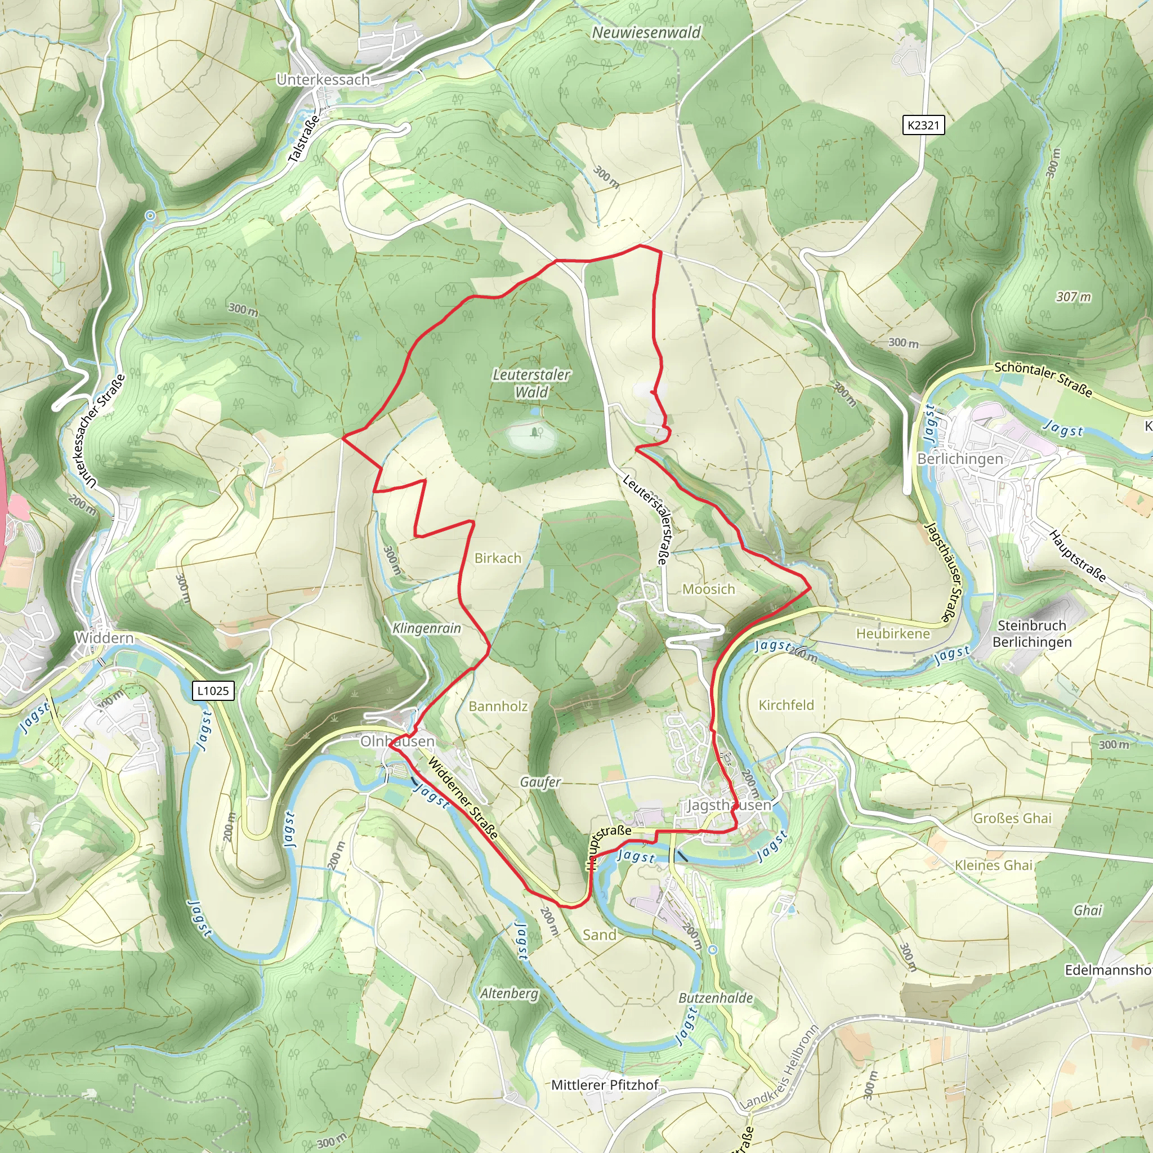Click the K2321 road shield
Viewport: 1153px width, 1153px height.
[923, 126]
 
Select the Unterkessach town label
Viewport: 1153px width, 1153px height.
[323, 79]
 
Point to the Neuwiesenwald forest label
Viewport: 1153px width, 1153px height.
[646, 33]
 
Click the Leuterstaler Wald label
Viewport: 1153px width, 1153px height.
[531, 383]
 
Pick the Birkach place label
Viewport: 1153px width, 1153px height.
[498, 558]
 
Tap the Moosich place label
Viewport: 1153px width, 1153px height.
[708, 589]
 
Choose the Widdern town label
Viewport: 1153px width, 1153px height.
[105, 638]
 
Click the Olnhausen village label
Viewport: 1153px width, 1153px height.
[397, 741]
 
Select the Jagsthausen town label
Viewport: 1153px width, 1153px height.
[729, 805]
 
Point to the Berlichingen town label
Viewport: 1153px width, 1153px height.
[960, 459]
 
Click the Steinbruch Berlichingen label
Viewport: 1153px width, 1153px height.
[1032, 634]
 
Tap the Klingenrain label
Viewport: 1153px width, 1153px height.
[427, 628]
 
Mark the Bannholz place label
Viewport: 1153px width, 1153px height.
[498, 707]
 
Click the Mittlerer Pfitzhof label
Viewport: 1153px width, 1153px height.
[605, 1084]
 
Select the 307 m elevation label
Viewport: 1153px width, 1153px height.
[1073, 297]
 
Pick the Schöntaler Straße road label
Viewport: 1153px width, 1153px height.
[1043, 379]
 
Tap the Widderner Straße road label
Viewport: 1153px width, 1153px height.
[463, 799]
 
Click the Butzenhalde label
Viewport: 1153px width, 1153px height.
[716, 998]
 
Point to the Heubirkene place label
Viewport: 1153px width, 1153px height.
[893, 634]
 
